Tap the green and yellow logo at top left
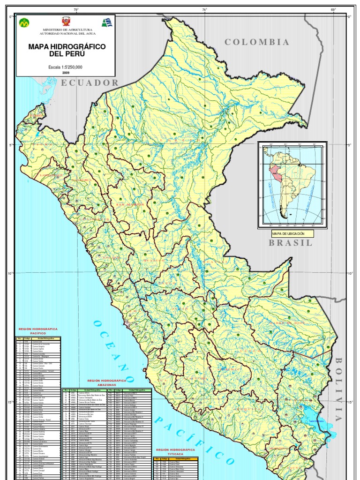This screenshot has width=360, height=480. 24,22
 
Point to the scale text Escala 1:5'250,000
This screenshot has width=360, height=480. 65,67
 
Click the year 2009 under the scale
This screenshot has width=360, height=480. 65,73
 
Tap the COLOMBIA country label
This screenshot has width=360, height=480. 257,42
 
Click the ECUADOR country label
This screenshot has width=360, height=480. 90,82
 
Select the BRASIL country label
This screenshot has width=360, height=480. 290,242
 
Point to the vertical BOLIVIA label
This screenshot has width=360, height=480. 338,389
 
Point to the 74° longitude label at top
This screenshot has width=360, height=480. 204,9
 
